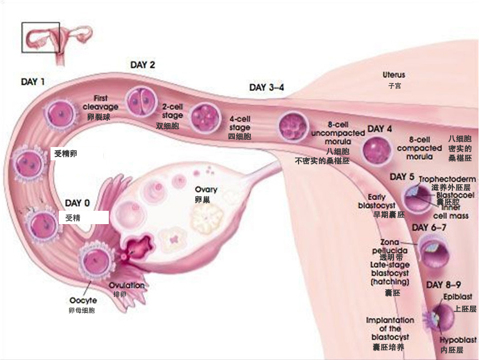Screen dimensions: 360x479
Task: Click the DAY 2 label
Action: tap(143, 65)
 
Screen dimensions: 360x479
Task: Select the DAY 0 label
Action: tap(77, 203)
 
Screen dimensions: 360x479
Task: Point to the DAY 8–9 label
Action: tap(443, 285)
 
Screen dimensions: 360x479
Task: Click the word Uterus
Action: tap(394, 75)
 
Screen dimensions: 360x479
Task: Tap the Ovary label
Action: tap(206, 190)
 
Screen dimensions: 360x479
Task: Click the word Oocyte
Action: tap(83, 301)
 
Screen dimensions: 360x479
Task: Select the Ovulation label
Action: tap(127, 285)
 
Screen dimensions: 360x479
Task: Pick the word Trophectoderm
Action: tap(447, 179)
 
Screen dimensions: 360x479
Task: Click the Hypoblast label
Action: tap(458, 340)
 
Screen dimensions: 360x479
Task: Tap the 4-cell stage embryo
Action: tap(203, 116)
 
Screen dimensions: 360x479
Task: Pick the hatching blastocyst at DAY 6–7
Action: tap(430, 250)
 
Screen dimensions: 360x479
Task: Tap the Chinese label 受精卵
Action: tap(65, 153)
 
